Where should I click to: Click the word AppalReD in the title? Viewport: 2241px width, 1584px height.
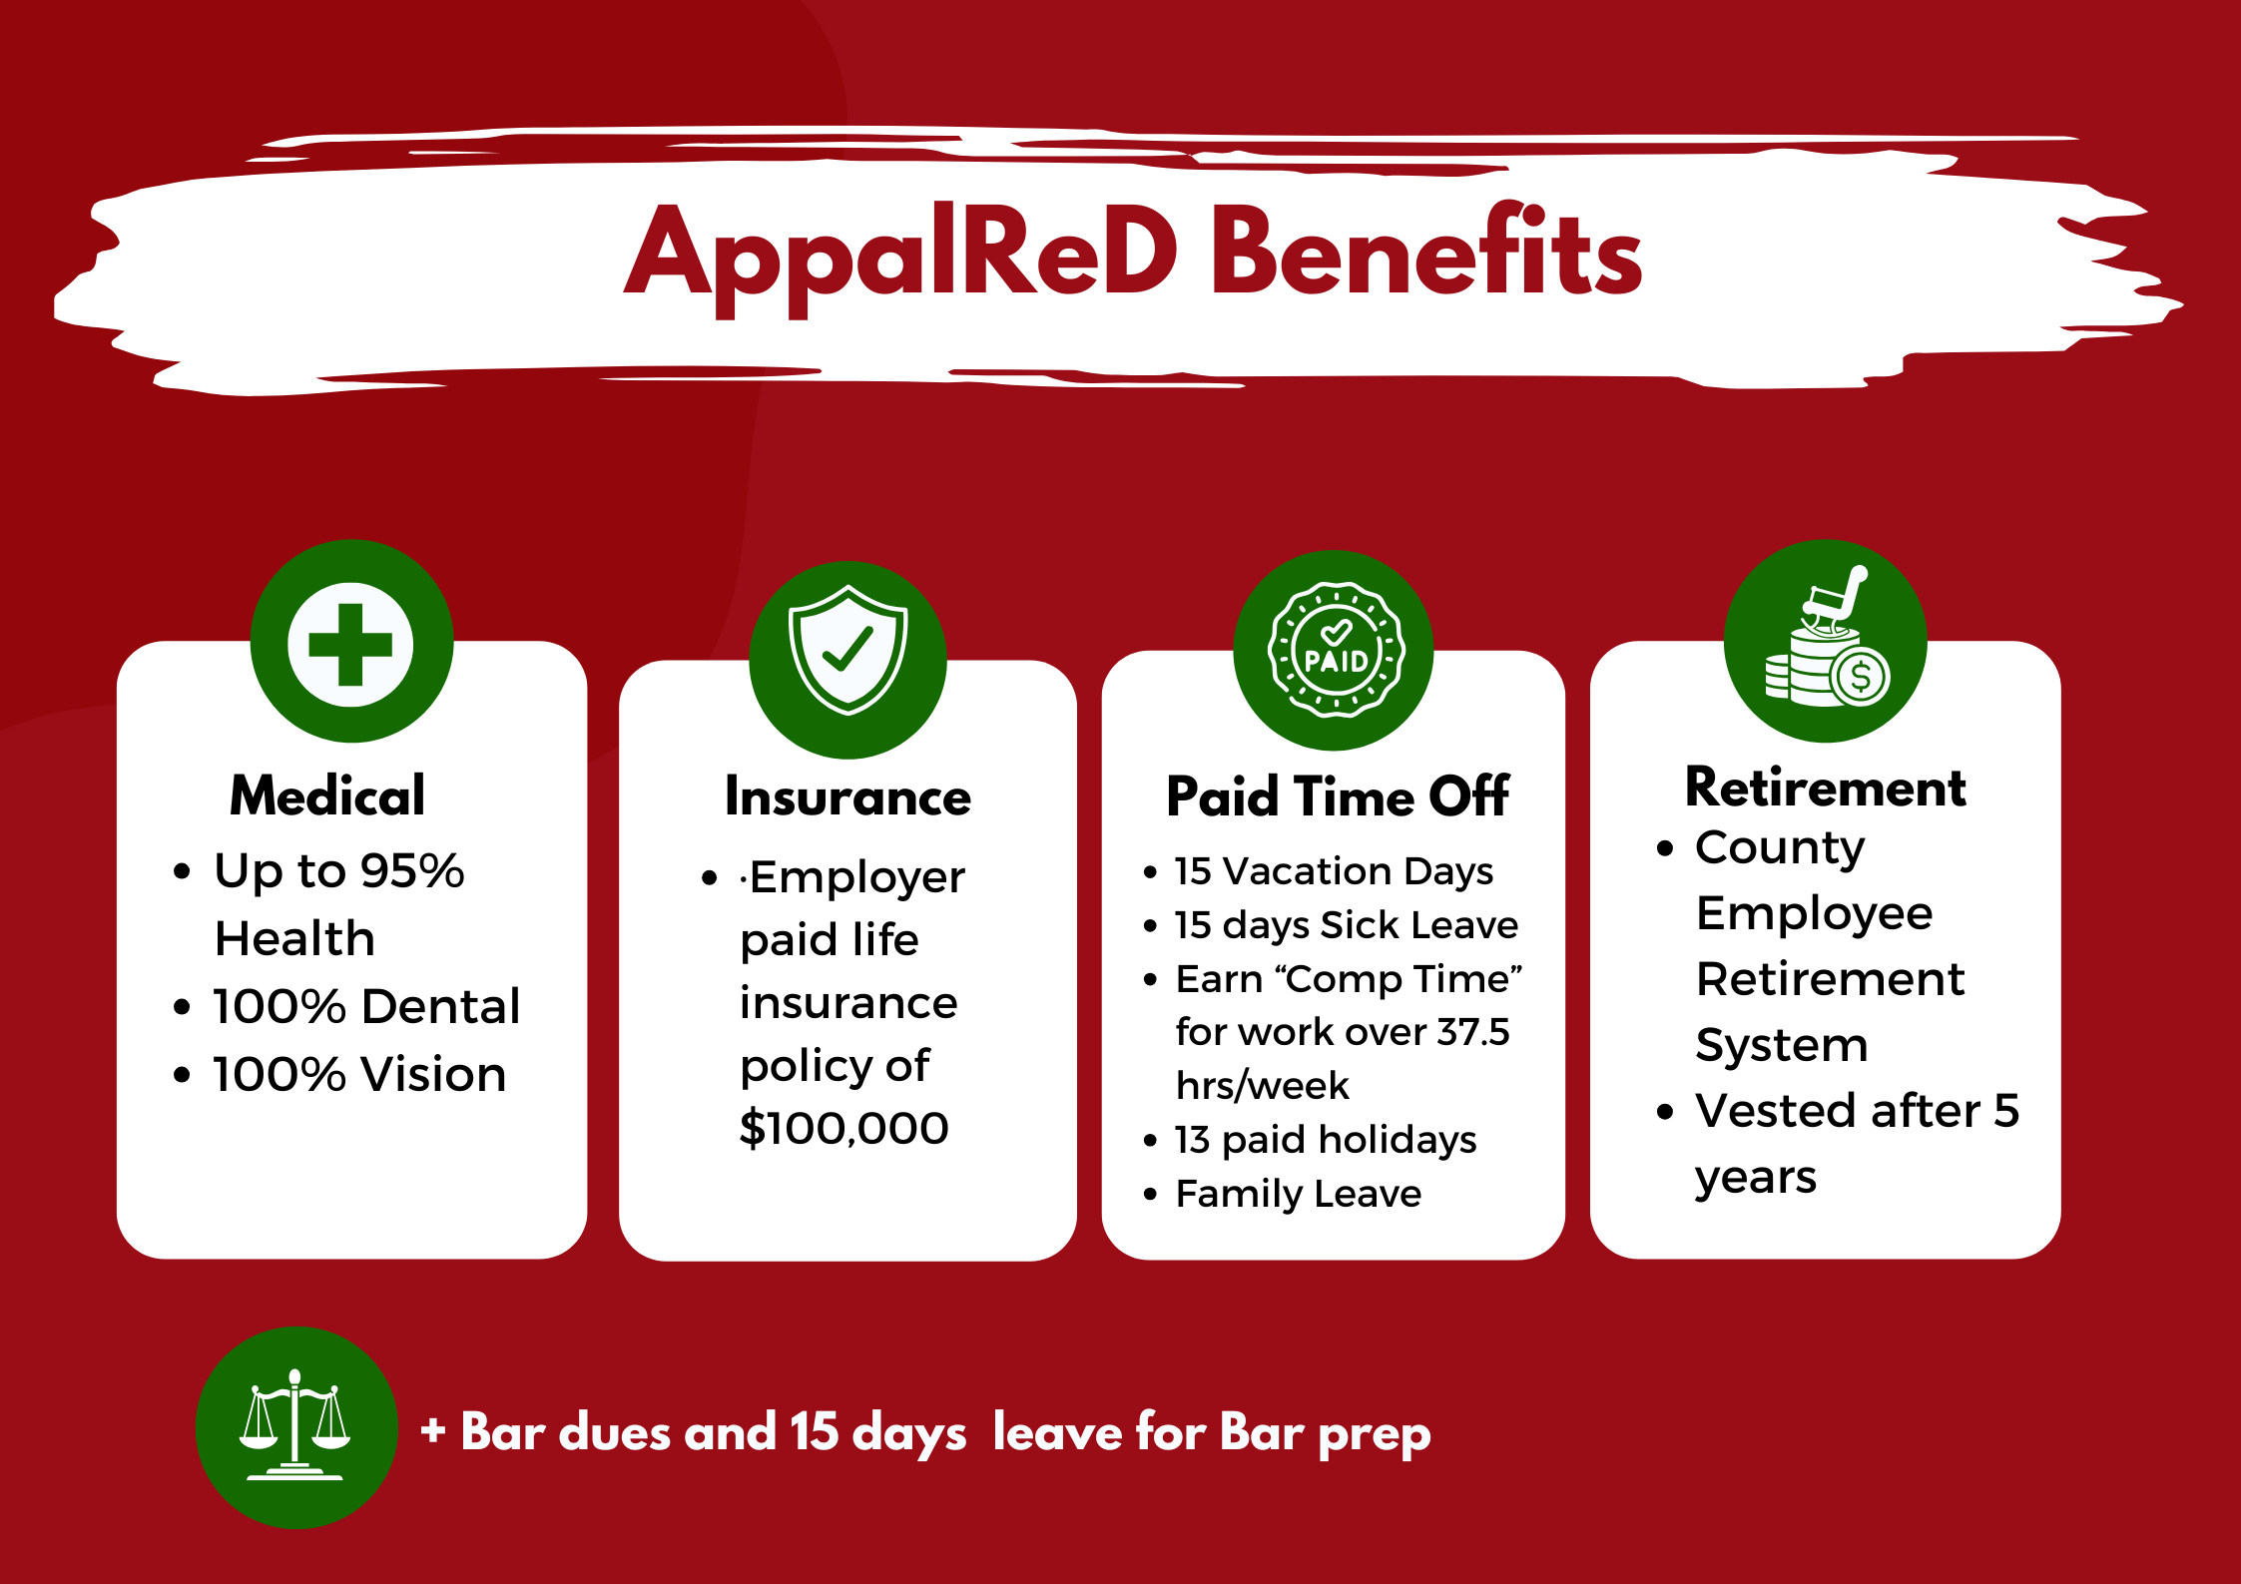900,257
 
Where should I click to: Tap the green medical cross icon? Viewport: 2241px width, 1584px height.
351,644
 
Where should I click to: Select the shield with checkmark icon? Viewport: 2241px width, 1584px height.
848,651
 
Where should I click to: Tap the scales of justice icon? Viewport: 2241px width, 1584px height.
295,1425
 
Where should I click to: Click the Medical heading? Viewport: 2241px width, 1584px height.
327,795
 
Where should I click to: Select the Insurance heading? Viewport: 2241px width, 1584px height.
847,796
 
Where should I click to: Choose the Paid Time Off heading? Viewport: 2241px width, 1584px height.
1338,796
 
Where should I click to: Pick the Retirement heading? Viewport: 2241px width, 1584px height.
1826,788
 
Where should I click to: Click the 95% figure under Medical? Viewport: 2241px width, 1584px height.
412,871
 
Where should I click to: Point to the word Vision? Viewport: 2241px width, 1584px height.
433,1075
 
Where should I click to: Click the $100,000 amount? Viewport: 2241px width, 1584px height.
844,1129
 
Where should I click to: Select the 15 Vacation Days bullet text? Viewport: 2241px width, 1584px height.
1334,871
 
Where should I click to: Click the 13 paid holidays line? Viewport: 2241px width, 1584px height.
1326,1140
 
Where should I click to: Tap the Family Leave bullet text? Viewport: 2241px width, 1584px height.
1299,1194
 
